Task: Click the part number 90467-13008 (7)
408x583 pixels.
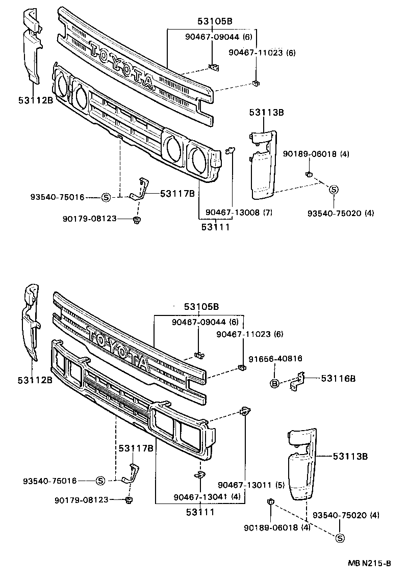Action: pyautogui.click(x=239, y=213)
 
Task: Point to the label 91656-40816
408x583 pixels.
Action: pyautogui.click(x=276, y=359)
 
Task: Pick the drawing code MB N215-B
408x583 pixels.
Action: pyautogui.click(x=369, y=563)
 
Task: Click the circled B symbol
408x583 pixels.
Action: pyautogui.click(x=274, y=383)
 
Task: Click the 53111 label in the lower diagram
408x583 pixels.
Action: pyautogui.click(x=199, y=511)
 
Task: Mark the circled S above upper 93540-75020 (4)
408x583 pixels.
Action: pyautogui.click(x=333, y=190)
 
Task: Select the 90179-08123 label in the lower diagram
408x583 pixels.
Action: pyautogui.click(x=82, y=500)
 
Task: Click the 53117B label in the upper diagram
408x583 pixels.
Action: pyautogui.click(x=177, y=193)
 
